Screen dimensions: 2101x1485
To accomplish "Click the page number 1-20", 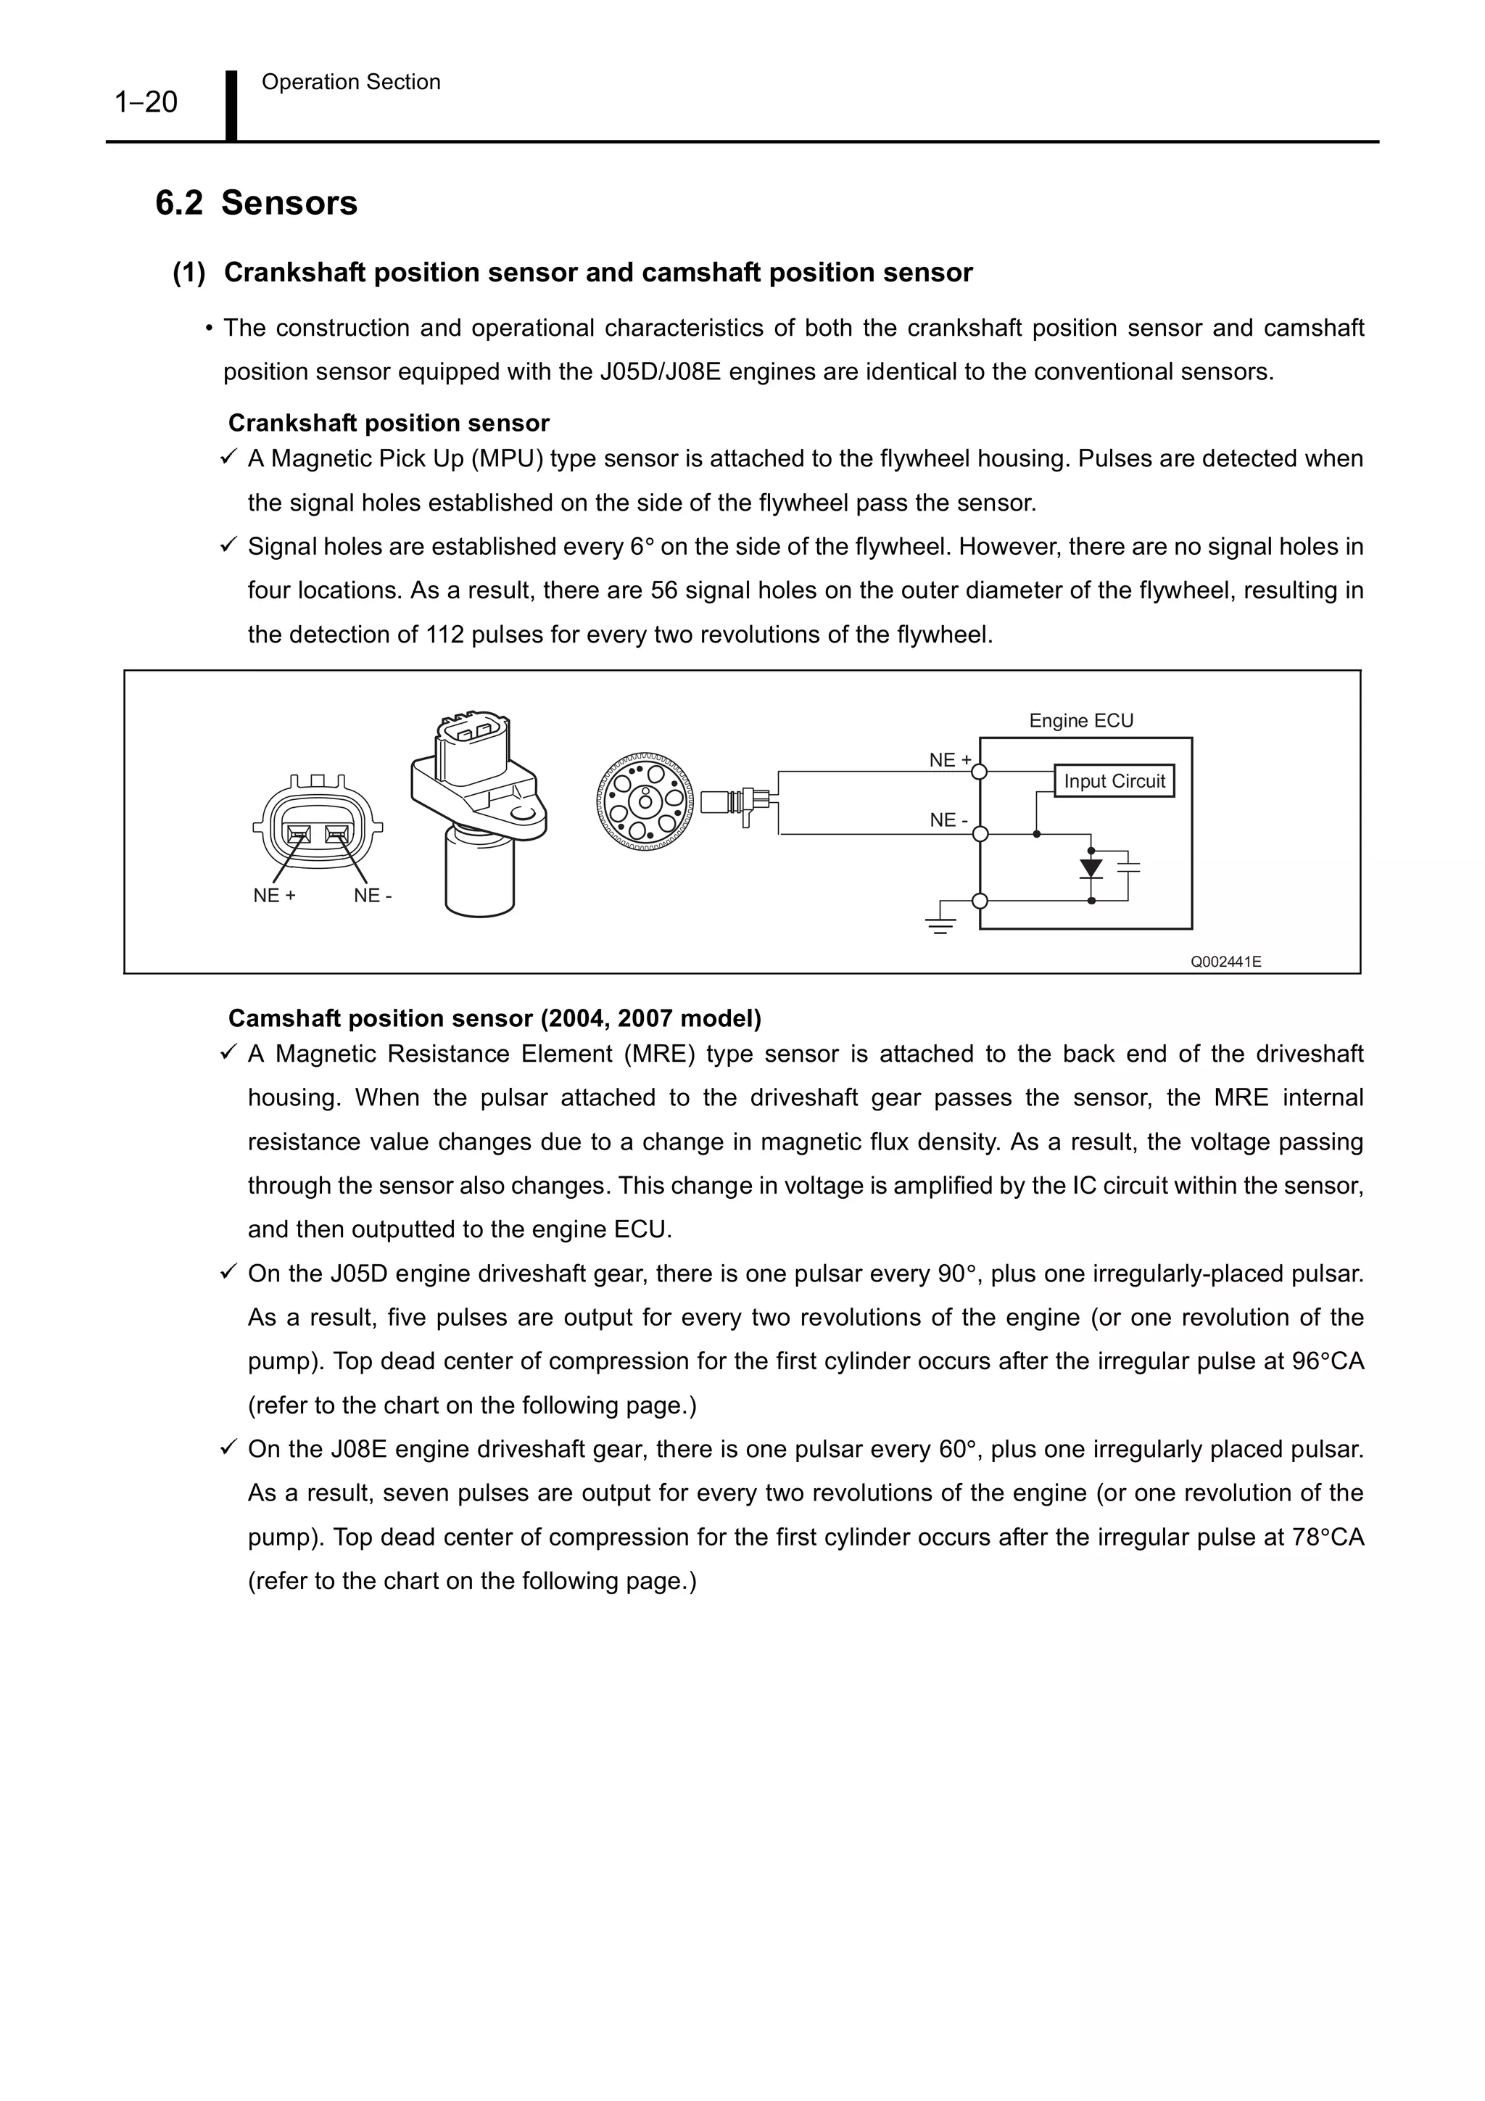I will pos(146,102).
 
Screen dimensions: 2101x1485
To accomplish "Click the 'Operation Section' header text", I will pos(350,83).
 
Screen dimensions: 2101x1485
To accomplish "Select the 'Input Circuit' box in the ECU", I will pos(1114,780).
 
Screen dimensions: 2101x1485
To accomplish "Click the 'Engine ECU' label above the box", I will pos(1080,720).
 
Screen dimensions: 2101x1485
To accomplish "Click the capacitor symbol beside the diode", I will pos(1129,866).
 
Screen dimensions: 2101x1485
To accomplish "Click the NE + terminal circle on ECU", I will pos(979,772).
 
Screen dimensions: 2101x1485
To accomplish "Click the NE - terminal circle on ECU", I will pos(979,833).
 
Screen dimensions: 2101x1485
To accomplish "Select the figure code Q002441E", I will pos(1225,962).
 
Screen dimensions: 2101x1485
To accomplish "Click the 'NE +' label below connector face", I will pos(275,896).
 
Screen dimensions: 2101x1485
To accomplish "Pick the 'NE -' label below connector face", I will pos(373,896).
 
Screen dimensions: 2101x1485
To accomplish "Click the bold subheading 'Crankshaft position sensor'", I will pos(388,423).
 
